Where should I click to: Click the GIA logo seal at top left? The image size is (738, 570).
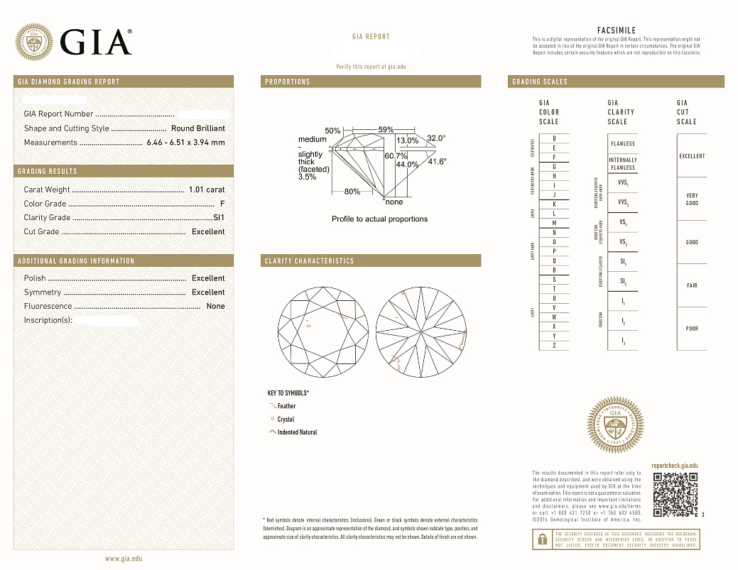click(x=34, y=41)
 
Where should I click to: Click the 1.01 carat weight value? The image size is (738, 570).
click(x=207, y=190)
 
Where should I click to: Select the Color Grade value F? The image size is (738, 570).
click(x=222, y=204)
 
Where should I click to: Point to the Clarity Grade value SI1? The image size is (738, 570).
click(x=219, y=217)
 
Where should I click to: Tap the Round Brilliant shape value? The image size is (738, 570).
click(x=197, y=128)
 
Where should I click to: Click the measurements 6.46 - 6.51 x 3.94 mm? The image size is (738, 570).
click(x=185, y=143)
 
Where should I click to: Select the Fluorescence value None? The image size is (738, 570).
click(x=215, y=306)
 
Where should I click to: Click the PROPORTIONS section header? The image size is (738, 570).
click(x=288, y=82)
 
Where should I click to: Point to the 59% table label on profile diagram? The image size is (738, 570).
click(x=386, y=130)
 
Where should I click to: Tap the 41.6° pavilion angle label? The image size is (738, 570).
click(x=437, y=162)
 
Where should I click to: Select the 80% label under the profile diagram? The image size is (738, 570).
click(x=352, y=192)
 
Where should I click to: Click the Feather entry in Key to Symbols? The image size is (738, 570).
click(x=286, y=406)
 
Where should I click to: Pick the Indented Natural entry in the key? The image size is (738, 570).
click(x=297, y=432)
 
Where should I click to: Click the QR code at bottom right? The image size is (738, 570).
click(x=675, y=494)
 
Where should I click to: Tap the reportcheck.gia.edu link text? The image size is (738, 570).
click(x=674, y=465)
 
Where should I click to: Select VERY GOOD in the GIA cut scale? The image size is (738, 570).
click(x=692, y=199)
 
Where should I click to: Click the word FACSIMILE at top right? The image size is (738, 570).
click(x=616, y=31)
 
